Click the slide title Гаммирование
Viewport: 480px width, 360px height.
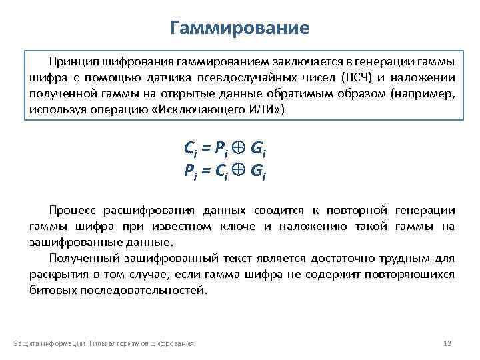pos(240,28)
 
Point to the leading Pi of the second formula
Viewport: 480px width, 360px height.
pos(190,172)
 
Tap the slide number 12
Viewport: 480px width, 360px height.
pos(447,343)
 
